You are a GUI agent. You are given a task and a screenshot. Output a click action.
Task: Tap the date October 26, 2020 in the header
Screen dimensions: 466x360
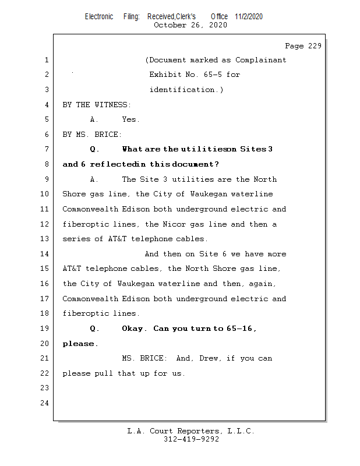[x=190, y=25]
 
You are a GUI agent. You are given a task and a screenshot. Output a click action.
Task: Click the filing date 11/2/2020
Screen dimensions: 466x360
[x=249, y=16]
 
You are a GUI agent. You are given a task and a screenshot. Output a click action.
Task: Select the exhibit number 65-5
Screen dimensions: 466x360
[x=214, y=75]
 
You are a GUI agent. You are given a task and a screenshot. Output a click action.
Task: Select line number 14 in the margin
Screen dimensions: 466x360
[x=45, y=254]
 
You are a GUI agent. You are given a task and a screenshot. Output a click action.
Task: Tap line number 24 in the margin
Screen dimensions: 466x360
[x=45, y=403]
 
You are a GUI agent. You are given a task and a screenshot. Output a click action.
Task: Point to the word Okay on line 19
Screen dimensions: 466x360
[x=133, y=329]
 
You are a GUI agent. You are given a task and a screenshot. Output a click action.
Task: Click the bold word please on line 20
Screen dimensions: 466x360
[x=79, y=344]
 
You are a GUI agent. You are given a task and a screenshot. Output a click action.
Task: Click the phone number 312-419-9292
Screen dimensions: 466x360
[x=191, y=439]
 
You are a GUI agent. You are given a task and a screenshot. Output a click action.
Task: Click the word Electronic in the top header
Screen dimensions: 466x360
[x=99, y=16]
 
